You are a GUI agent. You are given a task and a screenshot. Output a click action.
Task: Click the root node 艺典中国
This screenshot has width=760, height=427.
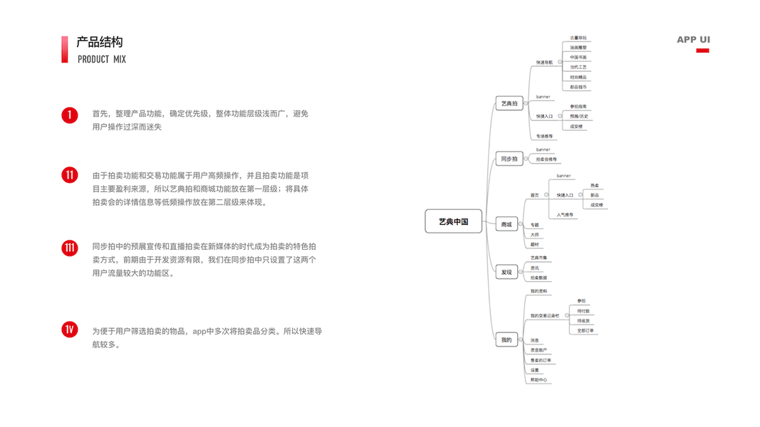453,221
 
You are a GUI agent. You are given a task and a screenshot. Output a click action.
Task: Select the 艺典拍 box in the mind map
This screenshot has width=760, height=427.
509,104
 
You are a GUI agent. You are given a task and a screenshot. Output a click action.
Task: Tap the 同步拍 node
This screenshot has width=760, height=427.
509,159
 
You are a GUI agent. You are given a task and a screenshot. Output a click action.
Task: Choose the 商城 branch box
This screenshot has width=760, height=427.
506,225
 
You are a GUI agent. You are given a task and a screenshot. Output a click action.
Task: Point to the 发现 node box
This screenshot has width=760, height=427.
506,272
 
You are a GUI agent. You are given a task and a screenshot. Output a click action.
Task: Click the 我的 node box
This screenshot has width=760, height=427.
506,340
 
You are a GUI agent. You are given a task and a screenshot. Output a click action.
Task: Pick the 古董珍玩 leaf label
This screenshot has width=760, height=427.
578,38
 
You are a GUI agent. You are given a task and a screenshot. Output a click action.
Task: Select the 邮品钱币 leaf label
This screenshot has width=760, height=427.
578,87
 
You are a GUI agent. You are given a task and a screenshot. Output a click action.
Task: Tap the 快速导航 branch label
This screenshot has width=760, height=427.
544,63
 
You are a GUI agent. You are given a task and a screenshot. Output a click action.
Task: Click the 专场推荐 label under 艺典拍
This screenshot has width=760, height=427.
545,136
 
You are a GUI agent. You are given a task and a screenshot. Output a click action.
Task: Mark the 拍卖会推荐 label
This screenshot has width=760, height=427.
546,159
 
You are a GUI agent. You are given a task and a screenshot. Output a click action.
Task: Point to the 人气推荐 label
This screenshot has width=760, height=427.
565,214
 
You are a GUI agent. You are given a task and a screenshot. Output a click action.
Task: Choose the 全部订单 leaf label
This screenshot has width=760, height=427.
586,331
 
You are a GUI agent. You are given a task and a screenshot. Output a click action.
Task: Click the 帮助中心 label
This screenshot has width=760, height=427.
539,381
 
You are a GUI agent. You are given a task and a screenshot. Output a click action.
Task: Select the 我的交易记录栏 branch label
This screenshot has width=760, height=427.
546,316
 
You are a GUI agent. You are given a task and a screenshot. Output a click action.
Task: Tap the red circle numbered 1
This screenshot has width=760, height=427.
69,115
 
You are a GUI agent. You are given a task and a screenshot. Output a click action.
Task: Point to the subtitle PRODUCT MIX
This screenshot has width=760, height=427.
102,59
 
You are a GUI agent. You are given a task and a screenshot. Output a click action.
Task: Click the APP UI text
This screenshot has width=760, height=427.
693,40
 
